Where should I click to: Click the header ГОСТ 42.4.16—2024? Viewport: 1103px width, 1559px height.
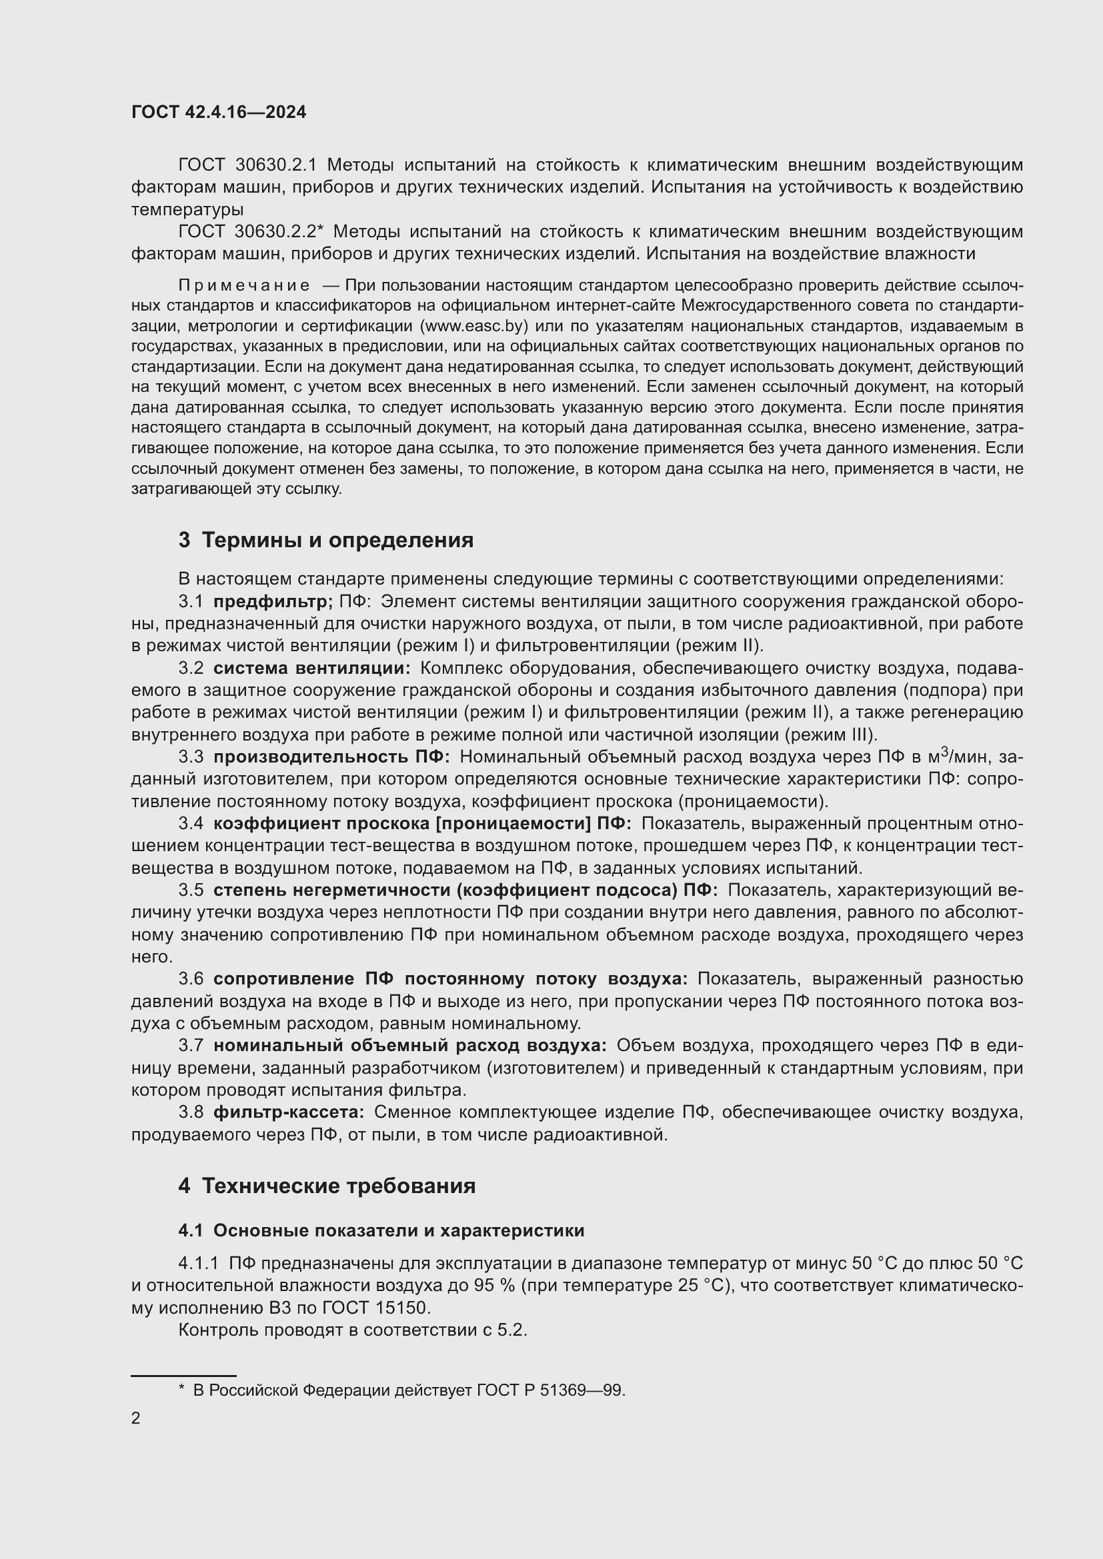click(218, 112)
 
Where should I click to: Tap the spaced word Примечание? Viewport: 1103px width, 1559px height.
click(244, 285)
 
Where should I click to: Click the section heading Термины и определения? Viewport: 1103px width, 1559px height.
click(337, 541)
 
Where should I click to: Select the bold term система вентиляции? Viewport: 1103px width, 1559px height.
click(311, 668)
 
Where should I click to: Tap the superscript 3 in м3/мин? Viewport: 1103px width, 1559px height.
click(944, 752)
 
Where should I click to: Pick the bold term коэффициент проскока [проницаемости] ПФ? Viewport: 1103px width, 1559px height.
click(421, 823)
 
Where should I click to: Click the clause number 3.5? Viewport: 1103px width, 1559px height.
click(191, 890)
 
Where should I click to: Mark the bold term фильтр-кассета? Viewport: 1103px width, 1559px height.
click(289, 1112)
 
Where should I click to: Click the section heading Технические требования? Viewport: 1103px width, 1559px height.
click(338, 1186)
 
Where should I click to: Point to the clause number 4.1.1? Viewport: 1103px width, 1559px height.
click(198, 1264)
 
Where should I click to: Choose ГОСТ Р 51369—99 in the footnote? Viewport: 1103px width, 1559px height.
click(549, 1390)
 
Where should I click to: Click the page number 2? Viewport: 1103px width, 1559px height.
click(136, 1418)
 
